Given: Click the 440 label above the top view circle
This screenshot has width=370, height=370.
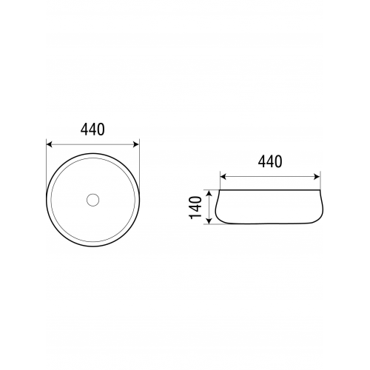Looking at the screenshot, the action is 92,129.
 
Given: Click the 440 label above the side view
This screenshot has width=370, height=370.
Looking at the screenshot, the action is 270,161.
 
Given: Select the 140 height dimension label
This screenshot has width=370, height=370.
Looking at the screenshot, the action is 195,207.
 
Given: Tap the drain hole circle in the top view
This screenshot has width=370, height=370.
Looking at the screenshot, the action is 92,200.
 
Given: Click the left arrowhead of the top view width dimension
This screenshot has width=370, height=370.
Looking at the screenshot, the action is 50,144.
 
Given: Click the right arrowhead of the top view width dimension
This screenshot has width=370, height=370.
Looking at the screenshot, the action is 136,144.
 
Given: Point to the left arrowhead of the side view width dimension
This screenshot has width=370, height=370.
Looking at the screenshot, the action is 223,177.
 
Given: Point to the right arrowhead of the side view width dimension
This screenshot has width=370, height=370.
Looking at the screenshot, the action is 317,177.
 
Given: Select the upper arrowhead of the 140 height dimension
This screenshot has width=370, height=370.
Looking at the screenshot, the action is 209,193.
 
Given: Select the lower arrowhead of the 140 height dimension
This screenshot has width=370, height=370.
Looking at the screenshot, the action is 209,221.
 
